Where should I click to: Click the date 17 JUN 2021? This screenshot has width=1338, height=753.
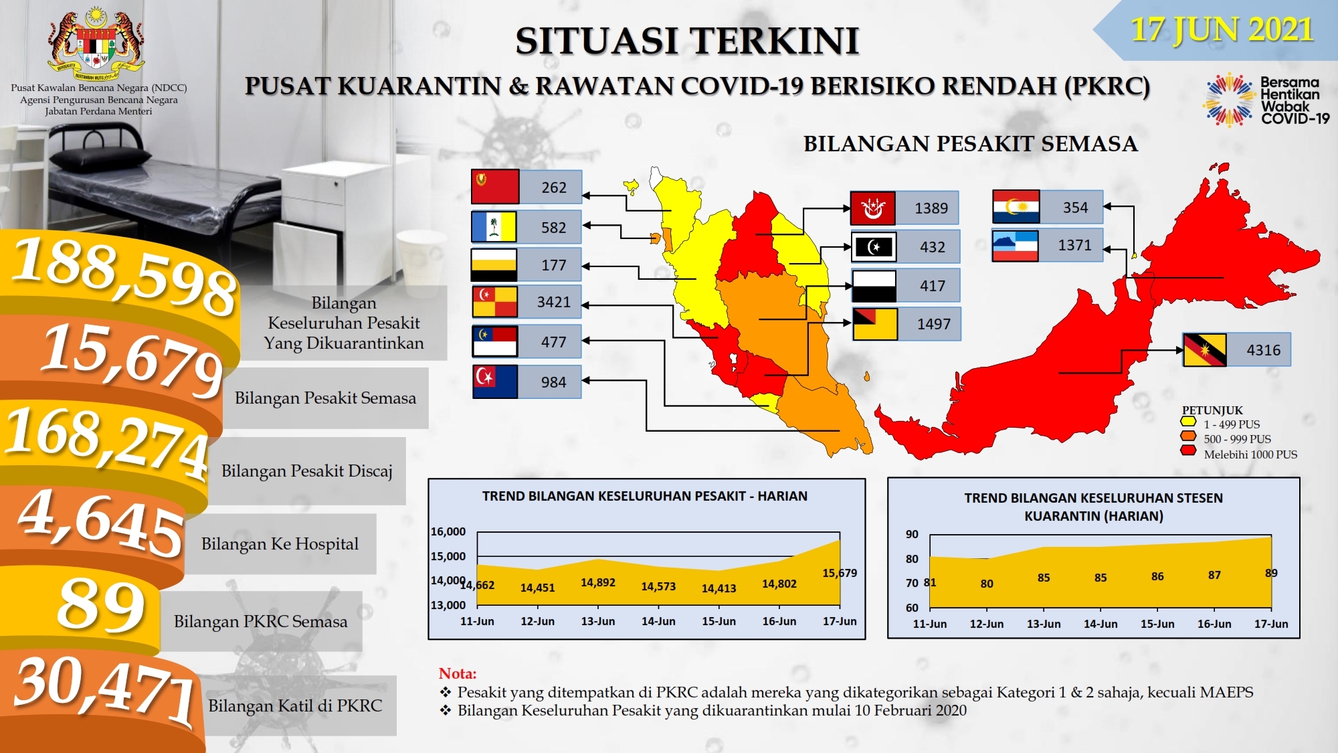click(1222, 30)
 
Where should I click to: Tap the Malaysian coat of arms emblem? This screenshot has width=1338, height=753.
click(98, 41)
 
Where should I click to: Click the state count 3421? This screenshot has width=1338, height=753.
click(554, 302)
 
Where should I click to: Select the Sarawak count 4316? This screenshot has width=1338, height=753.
click(1263, 350)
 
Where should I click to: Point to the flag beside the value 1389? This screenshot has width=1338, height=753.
click(873, 208)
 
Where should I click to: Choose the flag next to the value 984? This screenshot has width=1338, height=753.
click(495, 382)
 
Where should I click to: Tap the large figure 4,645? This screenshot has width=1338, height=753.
click(100, 523)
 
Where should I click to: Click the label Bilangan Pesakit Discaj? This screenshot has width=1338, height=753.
click(307, 471)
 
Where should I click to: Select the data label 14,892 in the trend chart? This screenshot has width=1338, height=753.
click(598, 582)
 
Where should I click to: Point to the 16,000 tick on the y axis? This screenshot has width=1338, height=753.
click(448, 531)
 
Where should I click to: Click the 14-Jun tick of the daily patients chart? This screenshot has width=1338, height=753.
click(658, 621)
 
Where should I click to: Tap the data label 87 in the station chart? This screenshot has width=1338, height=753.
click(1214, 575)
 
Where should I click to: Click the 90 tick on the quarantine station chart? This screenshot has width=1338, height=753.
click(912, 534)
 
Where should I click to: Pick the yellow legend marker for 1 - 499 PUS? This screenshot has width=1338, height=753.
click(1188, 422)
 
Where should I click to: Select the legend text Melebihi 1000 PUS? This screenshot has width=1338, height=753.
click(1250, 454)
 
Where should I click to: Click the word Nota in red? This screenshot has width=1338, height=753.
click(458, 673)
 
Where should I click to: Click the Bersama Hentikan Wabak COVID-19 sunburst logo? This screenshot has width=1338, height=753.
click(1230, 100)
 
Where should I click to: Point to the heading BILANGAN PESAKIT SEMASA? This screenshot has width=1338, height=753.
click(970, 144)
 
